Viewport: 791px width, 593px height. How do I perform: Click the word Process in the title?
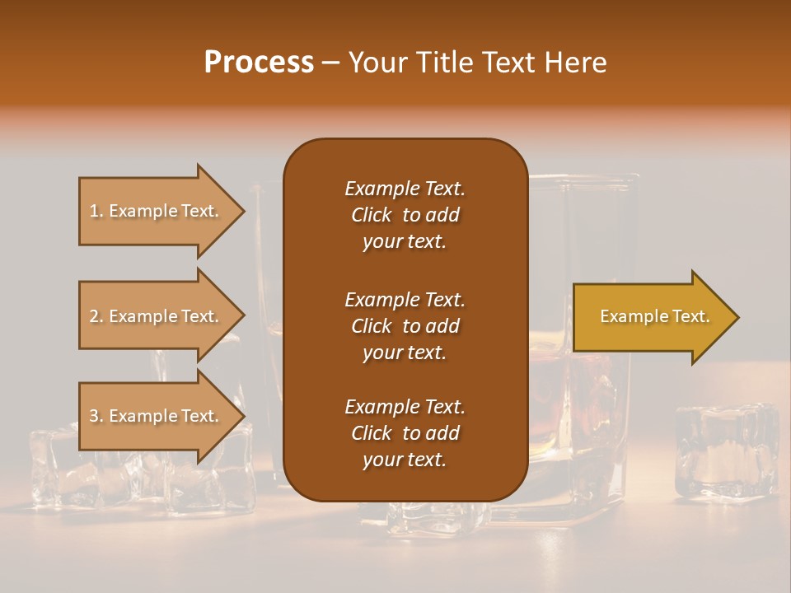pos(259,63)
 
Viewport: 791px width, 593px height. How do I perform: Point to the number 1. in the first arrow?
pos(96,212)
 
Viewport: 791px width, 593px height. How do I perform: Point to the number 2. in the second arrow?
pos(96,316)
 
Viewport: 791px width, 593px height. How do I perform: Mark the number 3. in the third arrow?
pos(96,416)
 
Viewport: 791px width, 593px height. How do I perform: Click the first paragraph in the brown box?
pos(405,215)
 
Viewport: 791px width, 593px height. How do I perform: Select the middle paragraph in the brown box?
pos(405,325)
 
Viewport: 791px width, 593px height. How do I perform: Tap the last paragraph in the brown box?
pos(405,433)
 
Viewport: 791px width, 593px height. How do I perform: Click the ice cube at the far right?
pos(726,450)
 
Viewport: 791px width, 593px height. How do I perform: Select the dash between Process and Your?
pos(331,63)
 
